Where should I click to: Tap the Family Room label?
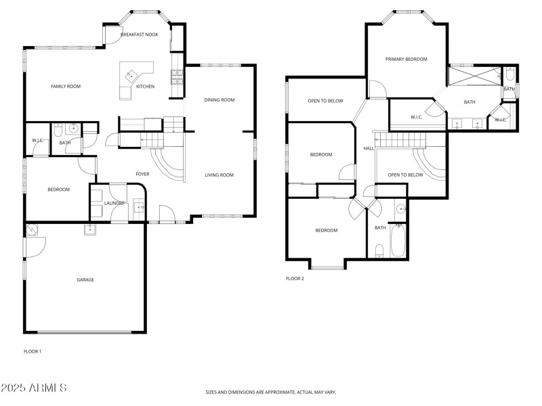point(66,86)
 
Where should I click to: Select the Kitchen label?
point(145,87)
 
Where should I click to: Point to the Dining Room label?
point(219,100)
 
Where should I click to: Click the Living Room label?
point(219,175)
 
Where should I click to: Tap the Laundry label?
point(114,203)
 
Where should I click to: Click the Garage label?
point(85,279)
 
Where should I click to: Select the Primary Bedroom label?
point(406,60)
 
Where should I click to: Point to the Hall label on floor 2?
point(369,148)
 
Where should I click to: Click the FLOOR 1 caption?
point(33,351)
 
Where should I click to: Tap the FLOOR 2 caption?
point(295,278)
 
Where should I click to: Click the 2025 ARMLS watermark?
point(34,388)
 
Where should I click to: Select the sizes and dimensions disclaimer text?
point(271,392)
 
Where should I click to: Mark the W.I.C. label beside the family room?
point(37,141)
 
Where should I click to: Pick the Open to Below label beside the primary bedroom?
point(326,101)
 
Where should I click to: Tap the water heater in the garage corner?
point(32,231)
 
